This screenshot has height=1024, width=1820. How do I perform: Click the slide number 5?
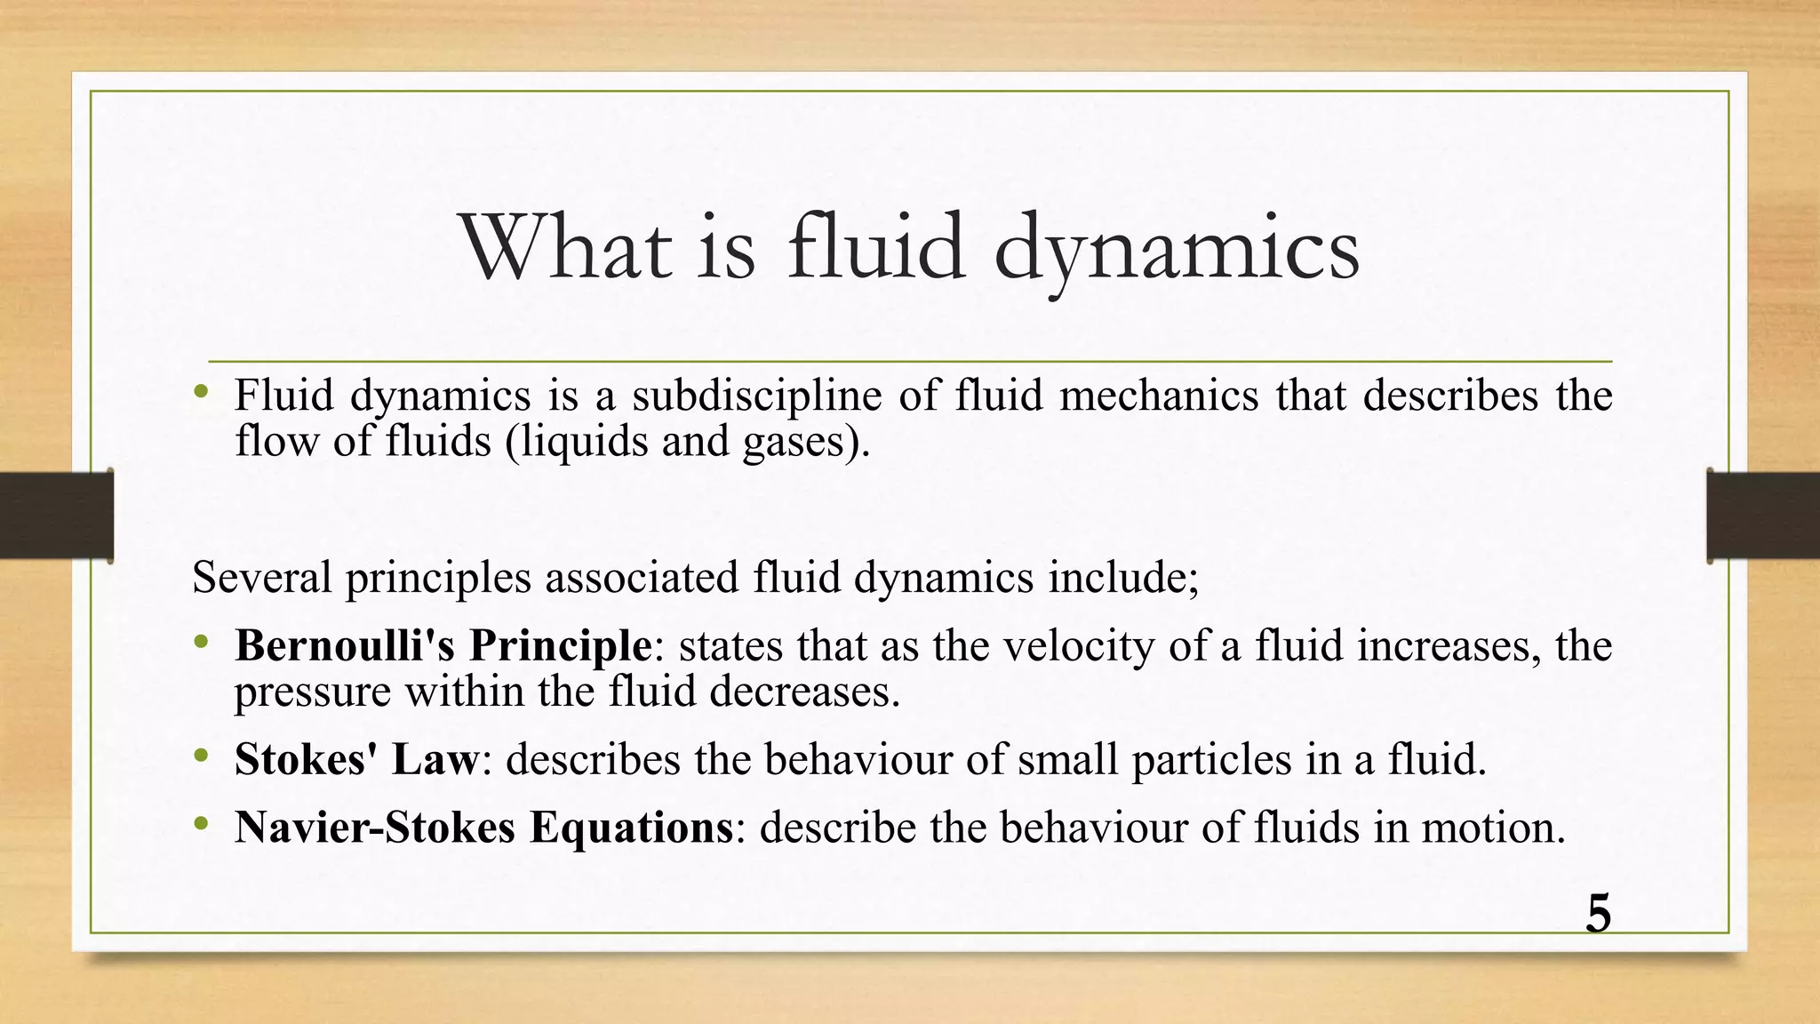click(x=1598, y=914)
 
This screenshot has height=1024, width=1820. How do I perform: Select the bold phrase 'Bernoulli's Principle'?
click(x=443, y=645)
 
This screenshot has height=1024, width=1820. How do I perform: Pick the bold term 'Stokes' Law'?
click(x=356, y=759)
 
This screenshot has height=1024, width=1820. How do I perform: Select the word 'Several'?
click(x=261, y=577)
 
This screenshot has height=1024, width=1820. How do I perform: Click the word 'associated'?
click(x=642, y=577)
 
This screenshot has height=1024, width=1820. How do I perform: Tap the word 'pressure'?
click(x=313, y=692)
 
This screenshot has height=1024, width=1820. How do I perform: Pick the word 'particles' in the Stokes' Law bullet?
click(x=1211, y=759)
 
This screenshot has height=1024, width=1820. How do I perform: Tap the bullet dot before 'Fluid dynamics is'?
click(x=202, y=392)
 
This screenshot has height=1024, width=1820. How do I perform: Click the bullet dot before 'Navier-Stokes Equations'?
click(x=202, y=824)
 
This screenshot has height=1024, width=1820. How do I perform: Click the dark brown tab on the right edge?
click(x=1763, y=516)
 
